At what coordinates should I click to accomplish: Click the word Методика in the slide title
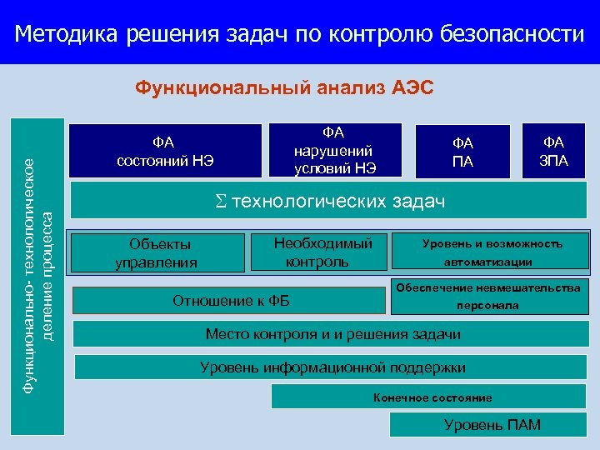tap(67, 34)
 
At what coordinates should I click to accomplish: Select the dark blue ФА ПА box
tap(462, 152)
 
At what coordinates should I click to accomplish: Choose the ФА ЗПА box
tap(554, 150)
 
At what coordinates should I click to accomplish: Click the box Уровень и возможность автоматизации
tap(492, 252)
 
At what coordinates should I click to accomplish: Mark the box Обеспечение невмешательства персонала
tap(487, 297)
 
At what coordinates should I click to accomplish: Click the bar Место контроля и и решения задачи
tap(332, 334)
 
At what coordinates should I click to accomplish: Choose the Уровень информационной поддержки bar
tap(332, 367)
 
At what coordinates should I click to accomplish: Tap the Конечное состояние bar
tap(432, 397)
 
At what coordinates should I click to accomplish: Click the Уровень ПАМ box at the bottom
tap(492, 425)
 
